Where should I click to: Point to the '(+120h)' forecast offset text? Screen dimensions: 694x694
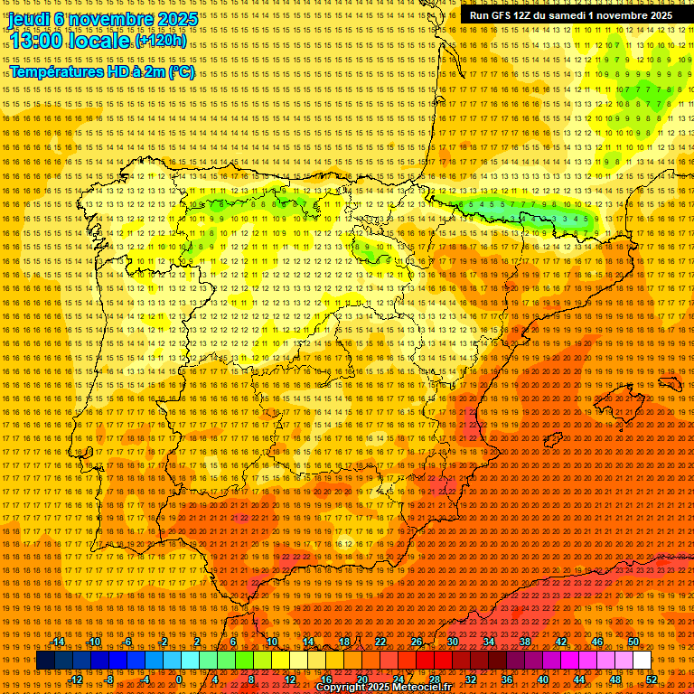[x=161, y=41]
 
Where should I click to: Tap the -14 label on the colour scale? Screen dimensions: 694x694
[x=59, y=642]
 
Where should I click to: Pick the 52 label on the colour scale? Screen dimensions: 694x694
[x=652, y=679]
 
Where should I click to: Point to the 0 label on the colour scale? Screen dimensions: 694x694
[x=179, y=679]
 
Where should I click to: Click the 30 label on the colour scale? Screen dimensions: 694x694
[x=453, y=642]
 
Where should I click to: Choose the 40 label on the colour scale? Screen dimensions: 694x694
[x=542, y=679]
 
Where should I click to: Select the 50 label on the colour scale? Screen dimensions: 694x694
[x=633, y=642]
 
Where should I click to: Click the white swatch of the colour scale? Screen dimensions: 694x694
[x=642, y=661]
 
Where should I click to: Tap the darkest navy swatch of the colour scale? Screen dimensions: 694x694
[x=45, y=661]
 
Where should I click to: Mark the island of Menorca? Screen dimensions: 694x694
[x=670, y=384]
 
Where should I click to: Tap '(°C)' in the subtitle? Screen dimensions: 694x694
[x=181, y=72]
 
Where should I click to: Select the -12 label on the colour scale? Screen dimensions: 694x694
[x=76, y=679]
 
